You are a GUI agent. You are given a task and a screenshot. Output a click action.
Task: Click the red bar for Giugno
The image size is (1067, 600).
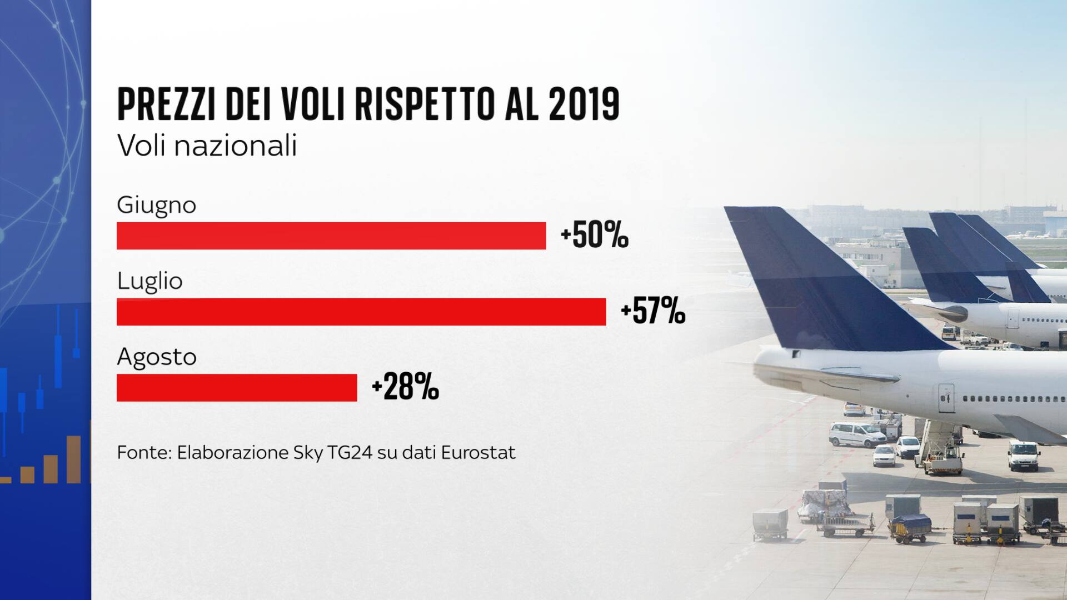pyautogui.click(x=331, y=236)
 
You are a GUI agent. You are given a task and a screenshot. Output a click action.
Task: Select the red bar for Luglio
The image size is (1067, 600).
pyautogui.click(x=361, y=312)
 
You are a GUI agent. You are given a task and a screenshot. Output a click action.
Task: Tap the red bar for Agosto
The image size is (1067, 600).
pyautogui.click(x=237, y=387)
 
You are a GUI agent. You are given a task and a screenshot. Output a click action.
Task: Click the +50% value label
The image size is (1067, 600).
pyautogui.click(x=594, y=236)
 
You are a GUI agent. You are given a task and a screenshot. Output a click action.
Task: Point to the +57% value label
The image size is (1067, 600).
pyautogui.click(x=652, y=311)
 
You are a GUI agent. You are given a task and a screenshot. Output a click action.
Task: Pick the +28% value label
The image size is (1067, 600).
pyautogui.click(x=405, y=387)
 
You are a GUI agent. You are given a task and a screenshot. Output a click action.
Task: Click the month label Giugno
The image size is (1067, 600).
pyautogui.click(x=157, y=206)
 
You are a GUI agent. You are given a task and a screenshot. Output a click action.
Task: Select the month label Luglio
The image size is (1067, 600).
pyautogui.click(x=149, y=281)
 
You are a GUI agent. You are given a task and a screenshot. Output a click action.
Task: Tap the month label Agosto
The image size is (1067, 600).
pyautogui.click(x=157, y=357)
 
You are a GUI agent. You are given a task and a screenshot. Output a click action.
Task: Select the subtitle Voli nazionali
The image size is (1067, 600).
pyautogui.click(x=207, y=146)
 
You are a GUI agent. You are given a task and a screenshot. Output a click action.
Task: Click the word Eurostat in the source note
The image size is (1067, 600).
pyautogui.click(x=478, y=453)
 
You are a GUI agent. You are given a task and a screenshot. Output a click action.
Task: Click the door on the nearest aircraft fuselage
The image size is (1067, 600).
pyautogui.click(x=946, y=398)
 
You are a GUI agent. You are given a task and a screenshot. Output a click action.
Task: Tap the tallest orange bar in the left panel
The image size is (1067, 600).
pyautogui.click(x=73, y=459)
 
